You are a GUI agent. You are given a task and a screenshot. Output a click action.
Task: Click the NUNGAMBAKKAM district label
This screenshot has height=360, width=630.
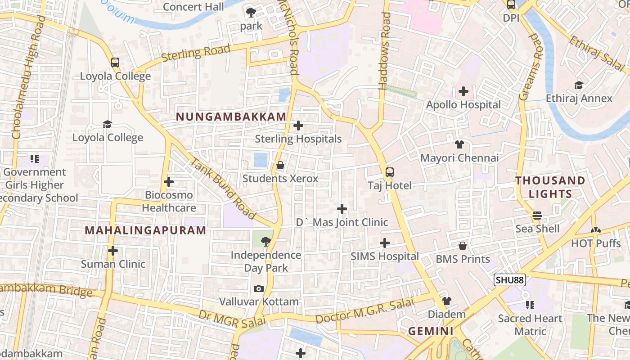(231, 117)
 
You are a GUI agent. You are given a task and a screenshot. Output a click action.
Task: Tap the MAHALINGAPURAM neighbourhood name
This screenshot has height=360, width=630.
(145, 230)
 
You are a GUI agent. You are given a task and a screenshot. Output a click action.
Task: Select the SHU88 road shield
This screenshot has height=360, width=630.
(510, 280)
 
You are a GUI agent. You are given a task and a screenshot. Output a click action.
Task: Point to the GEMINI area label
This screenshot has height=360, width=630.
(431, 331)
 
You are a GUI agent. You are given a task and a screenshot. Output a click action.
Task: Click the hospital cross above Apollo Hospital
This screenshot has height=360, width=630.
(463, 92)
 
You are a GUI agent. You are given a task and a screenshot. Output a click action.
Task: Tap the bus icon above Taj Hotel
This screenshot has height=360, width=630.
(390, 172)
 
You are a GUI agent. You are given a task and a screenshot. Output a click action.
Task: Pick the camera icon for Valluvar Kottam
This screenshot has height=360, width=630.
(259, 288)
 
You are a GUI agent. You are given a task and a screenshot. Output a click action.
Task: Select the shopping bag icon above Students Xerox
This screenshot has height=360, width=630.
(280, 165)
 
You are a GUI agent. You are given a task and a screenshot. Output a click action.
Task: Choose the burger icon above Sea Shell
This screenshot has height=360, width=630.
(537, 216)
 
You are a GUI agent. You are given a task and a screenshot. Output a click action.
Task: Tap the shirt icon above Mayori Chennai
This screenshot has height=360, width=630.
(459, 144)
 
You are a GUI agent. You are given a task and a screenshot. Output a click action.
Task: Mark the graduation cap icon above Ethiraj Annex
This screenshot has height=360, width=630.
(579, 85)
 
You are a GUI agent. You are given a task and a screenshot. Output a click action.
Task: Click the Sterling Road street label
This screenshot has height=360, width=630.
(196, 53)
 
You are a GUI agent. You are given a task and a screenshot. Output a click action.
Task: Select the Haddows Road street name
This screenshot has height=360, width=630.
(386, 50)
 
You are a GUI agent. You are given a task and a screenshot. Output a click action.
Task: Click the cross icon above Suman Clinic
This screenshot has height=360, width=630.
(113, 251)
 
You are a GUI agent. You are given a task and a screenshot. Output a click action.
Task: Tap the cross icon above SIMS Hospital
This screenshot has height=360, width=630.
(385, 243)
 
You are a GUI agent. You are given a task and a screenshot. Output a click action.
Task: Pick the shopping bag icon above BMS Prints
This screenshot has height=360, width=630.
(463, 246)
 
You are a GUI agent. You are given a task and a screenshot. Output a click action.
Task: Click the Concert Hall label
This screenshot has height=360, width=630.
(193, 7)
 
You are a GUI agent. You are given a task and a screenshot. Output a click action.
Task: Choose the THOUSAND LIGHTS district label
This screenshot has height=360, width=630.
(550, 187)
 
